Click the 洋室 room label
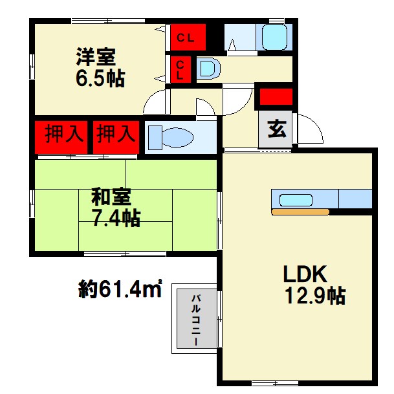(x=96, y=56)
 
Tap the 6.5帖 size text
(x=100, y=78)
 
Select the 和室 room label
(x=111, y=196)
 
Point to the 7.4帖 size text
(x=116, y=217)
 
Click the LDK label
(x=305, y=274)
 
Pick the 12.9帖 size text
(x=315, y=296)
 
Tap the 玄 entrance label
(x=277, y=129)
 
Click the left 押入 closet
(x=61, y=137)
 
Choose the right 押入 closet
(x=116, y=137)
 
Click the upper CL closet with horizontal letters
(x=188, y=37)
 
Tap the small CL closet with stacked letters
(x=181, y=69)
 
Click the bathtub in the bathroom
(x=274, y=37)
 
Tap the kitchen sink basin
(x=296, y=200)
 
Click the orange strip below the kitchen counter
(x=300, y=212)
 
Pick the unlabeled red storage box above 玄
(x=276, y=96)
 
